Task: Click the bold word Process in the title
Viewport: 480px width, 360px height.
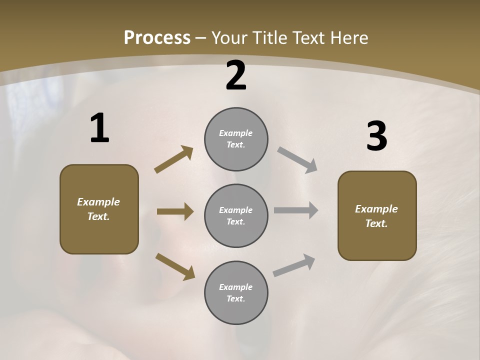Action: pyautogui.click(x=157, y=37)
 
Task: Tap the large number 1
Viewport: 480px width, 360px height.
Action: pyautogui.click(x=99, y=128)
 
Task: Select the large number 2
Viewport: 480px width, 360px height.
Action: pyautogui.click(x=236, y=76)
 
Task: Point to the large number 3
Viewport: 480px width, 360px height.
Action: pyautogui.click(x=376, y=136)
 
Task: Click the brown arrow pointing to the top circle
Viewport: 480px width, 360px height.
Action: pyautogui.click(x=173, y=159)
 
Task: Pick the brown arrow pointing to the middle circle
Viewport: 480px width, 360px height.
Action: pyautogui.click(x=175, y=211)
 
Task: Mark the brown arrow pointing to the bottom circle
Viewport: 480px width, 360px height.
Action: pyautogui.click(x=175, y=266)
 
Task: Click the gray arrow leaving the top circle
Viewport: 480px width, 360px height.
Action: pyautogui.click(x=297, y=160)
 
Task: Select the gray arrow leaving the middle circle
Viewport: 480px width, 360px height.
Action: pyautogui.click(x=296, y=210)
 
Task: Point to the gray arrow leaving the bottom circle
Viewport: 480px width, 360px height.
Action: pyautogui.click(x=294, y=265)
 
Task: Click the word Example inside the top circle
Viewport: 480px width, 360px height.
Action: pyautogui.click(x=235, y=133)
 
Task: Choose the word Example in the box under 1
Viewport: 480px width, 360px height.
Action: pyautogui.click(x=98, y=202)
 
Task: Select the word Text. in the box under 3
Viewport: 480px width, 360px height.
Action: pyautogui.click(x=376, y=223)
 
